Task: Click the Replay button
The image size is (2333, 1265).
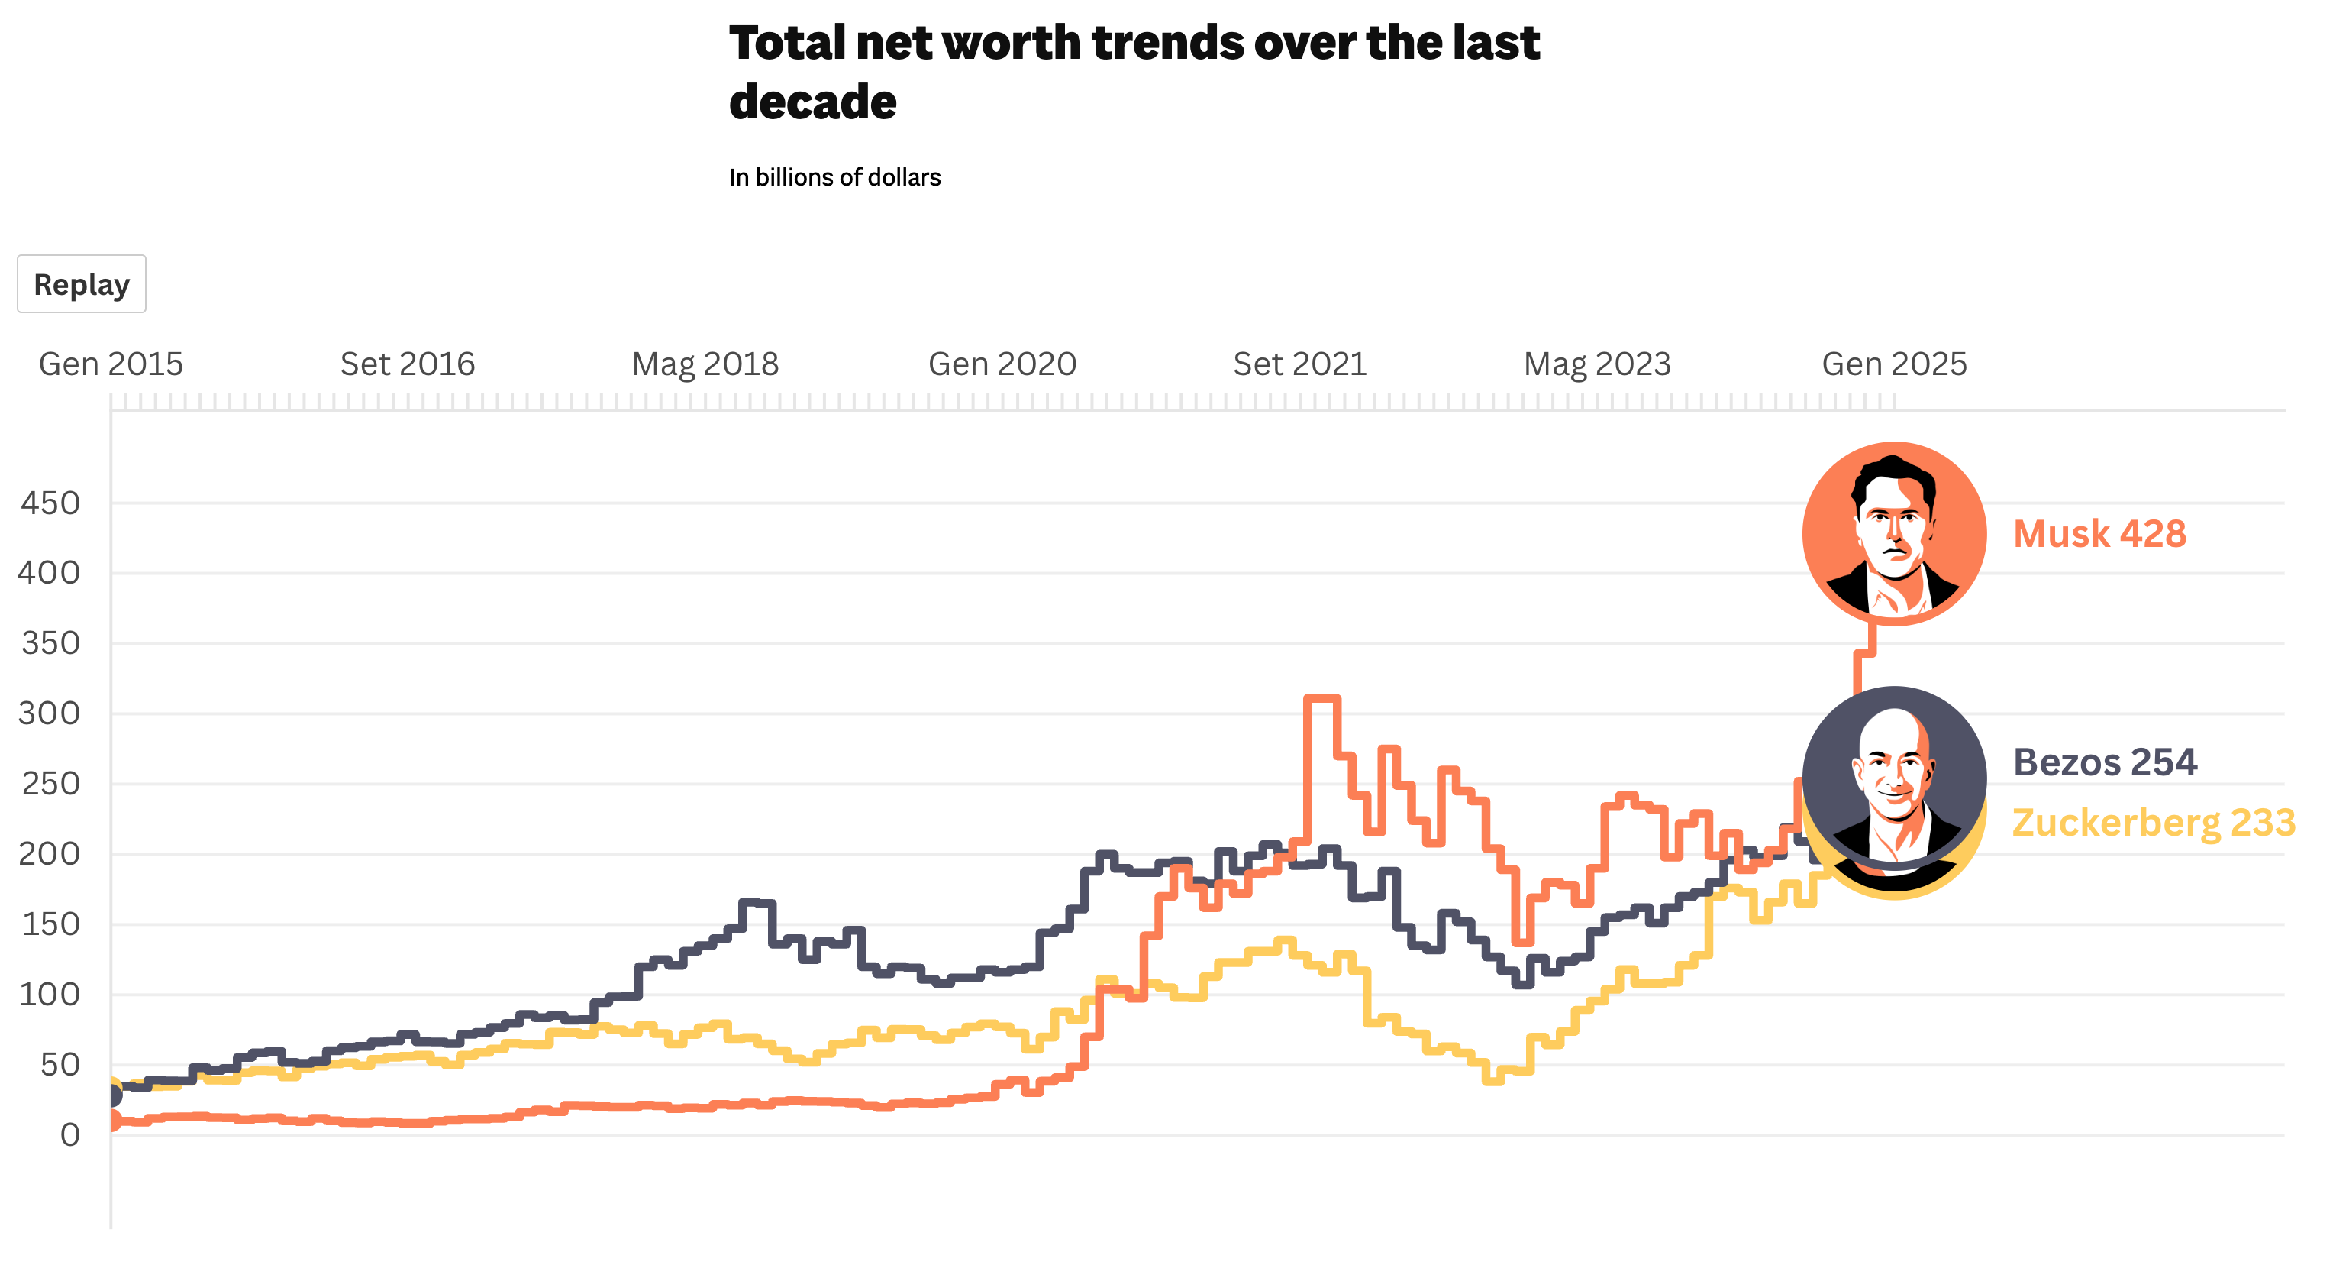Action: (82, 284)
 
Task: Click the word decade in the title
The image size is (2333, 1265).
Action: (812, 102)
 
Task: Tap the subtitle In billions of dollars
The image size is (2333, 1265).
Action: (834, 178)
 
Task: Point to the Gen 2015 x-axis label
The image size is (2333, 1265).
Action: (111, 364)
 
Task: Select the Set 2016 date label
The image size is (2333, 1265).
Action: (408, 364)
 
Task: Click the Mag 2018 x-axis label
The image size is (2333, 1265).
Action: (705, 364)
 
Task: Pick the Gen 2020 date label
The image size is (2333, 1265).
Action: (1002, 364)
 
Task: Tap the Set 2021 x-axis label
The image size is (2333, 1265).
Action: (1299, 364)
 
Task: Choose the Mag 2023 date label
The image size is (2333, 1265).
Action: (1597, 364)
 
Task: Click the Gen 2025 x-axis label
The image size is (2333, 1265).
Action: (1894, 364)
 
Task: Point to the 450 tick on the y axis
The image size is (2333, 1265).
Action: (50, 503)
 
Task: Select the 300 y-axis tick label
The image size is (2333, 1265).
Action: (49, 713)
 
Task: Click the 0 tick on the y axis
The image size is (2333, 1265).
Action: (69, 1134)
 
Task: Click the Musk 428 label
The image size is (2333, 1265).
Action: (2099, 534)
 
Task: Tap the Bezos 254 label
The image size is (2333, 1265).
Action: (2105, 762)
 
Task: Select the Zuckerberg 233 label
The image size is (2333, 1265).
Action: (2153, 823)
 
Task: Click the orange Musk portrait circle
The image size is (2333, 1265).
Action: (1894, 534)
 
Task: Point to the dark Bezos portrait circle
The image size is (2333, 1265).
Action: (1894, 778)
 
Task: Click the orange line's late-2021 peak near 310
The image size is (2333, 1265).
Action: (1322, 699)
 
